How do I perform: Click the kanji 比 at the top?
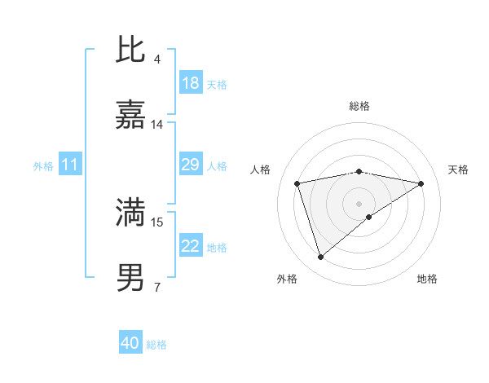tap(130, 51)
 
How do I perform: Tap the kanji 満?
tap(130, 213)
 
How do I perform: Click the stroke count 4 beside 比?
tap(156, 59)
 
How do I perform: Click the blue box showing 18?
tap(191, 83)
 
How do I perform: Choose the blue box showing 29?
tap(191, 165)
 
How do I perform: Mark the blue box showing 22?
tap(191, 247)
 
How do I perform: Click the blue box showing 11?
tap(70, 165)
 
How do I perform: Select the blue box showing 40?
tap(130, 343)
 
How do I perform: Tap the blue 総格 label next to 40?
tap(156, 345)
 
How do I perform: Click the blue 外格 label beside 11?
tap(43, 166)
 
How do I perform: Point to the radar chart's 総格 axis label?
tap(359, 106)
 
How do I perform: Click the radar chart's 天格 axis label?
tap(458, 169)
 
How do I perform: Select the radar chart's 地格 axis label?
tap(427, 279)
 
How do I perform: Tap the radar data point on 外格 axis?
tap(321, 258)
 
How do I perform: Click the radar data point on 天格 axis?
tap(421, 183)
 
